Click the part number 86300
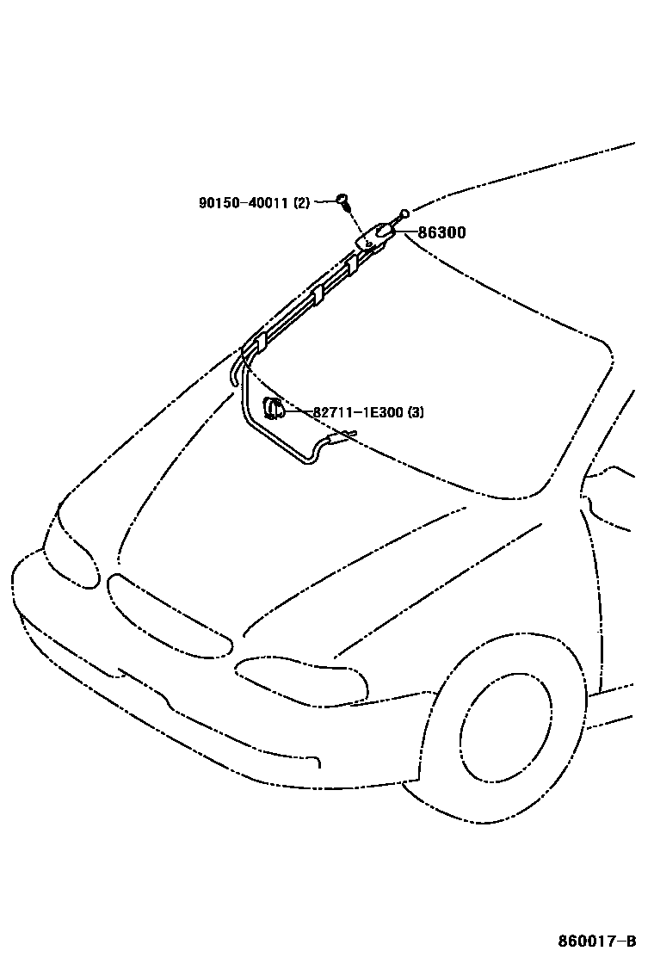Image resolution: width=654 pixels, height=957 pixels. click(442, 232)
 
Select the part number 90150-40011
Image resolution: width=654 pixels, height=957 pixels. click(244, 203)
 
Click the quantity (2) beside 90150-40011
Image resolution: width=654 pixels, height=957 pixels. click(301, 203)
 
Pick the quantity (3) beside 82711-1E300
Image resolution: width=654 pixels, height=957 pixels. click(415, 412)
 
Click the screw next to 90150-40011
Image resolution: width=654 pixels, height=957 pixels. click(343, 203)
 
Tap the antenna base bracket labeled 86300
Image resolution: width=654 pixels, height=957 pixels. click(372, 237)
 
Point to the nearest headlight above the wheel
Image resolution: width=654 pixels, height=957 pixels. click(301, 680)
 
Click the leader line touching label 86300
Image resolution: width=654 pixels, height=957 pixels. click(406, 232)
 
